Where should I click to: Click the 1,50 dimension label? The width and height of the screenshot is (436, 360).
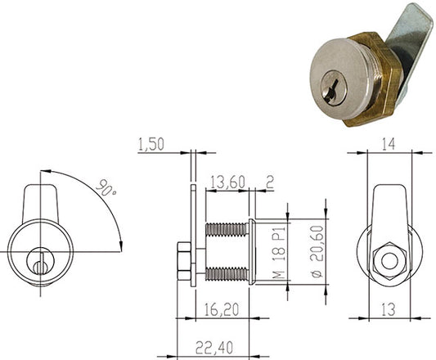[x=151, y=145]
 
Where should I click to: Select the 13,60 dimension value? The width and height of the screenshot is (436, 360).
[x=227, y=182]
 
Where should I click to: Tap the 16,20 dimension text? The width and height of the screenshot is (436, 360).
[x=222, y=310]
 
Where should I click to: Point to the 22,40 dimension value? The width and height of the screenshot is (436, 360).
[x=214, y=348]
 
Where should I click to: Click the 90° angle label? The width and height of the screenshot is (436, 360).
[x=106, y=188]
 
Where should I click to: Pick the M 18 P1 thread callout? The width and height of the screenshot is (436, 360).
[x=279, y=252]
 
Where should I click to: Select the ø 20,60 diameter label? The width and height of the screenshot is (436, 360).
[x=317, y=251]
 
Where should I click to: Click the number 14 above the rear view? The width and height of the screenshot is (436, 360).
[x=389, y=144]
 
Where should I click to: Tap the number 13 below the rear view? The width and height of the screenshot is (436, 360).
[x=389, y=309]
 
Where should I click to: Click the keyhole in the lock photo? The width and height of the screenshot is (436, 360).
[x=334, y=88]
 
